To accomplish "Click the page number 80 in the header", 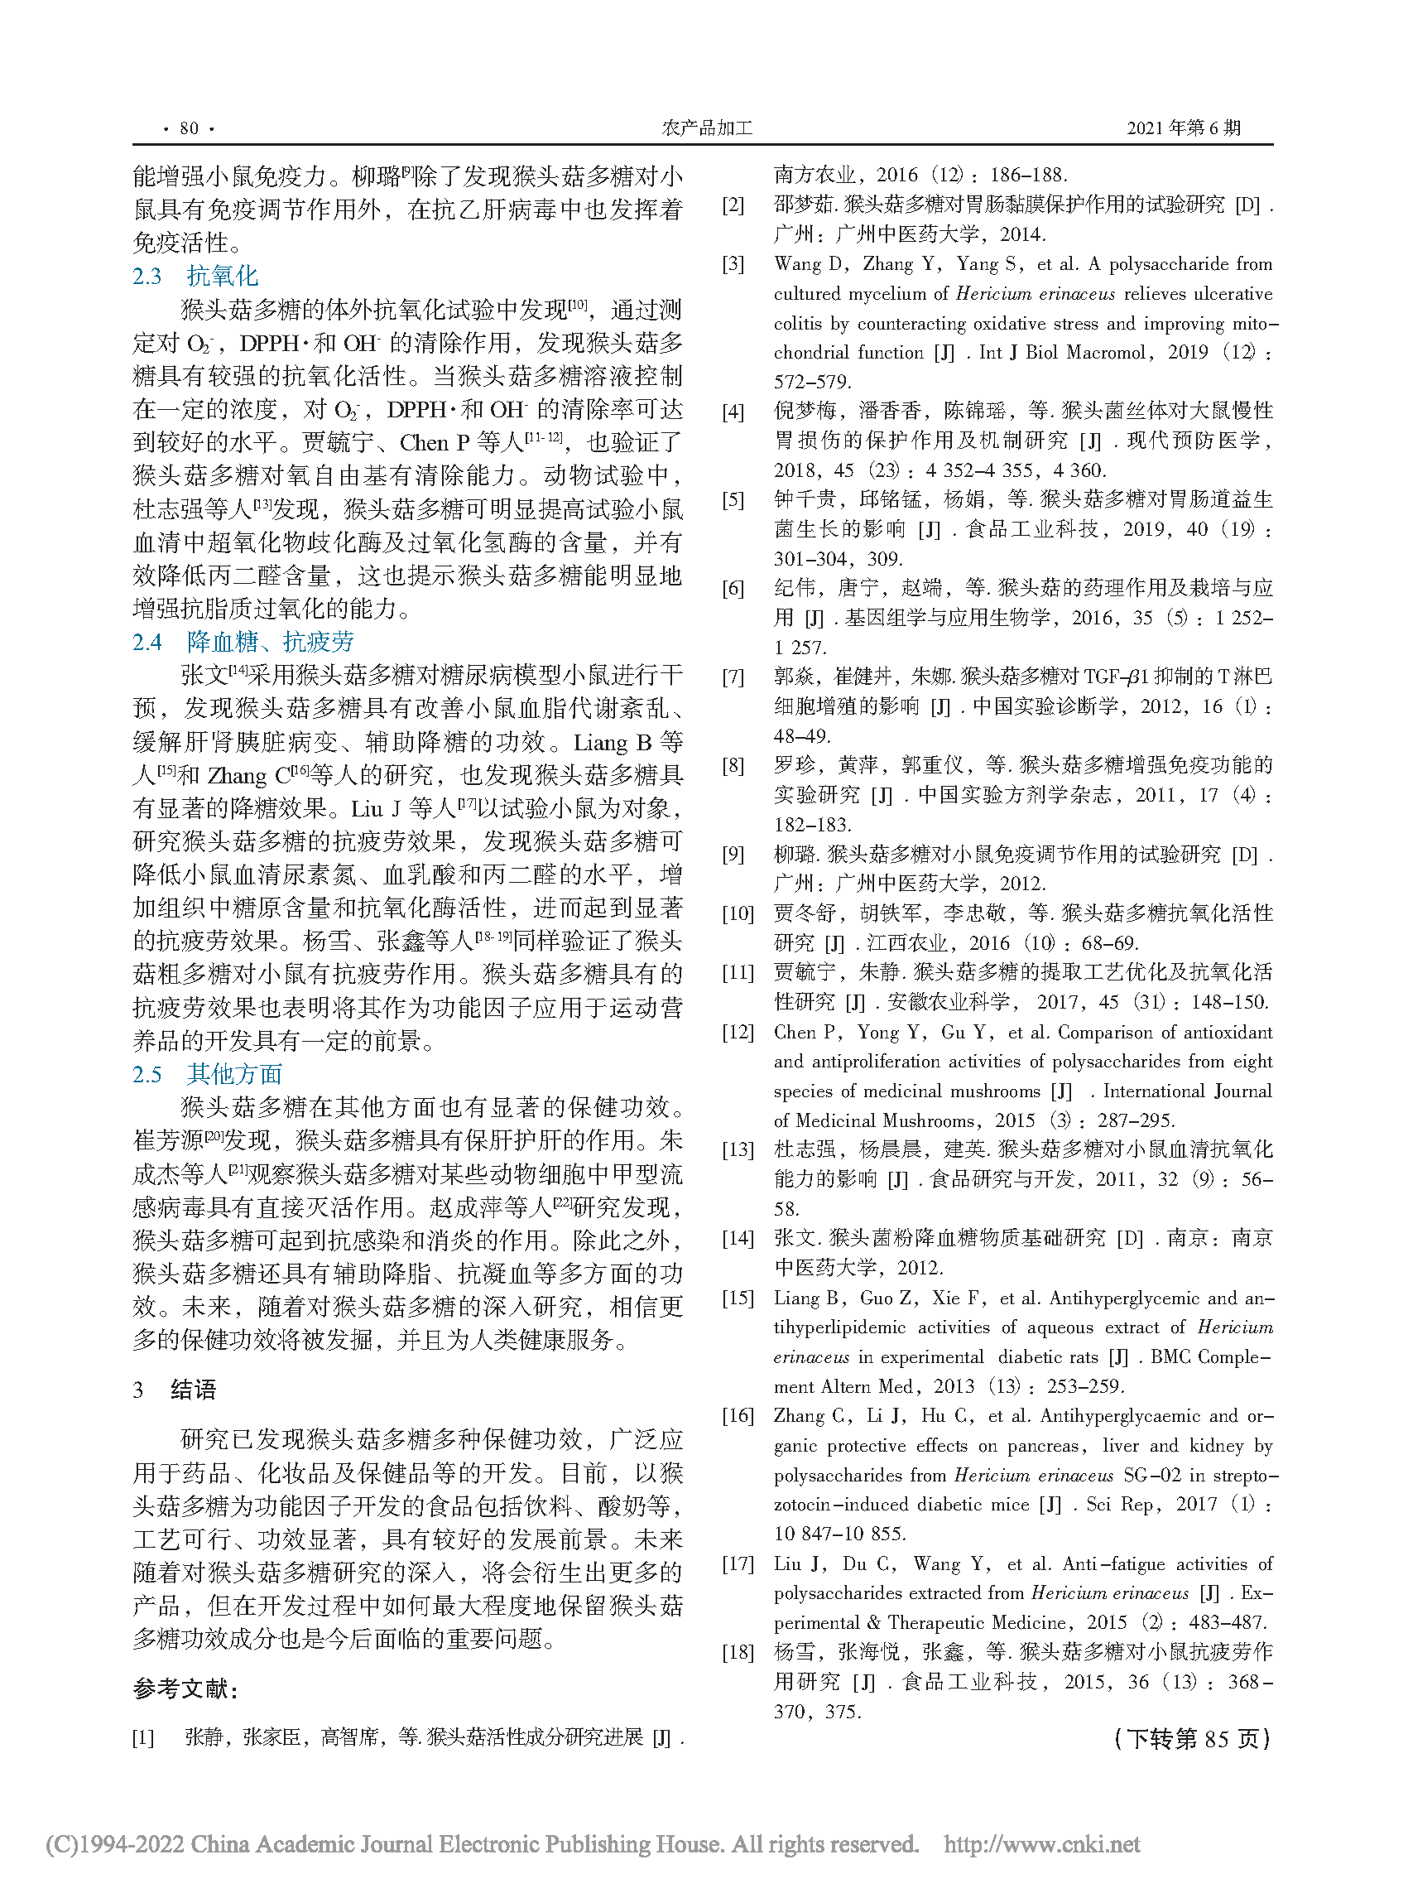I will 189,128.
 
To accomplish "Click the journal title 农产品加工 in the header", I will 707,128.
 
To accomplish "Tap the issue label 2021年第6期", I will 1183,128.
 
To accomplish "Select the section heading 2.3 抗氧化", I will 195,277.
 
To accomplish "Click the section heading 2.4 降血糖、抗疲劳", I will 243,642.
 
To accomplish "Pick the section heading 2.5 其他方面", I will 207,1074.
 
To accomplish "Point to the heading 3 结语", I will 175,1390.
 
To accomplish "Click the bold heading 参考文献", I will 185,1688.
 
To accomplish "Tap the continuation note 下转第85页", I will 1191,1739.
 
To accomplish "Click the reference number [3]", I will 733,264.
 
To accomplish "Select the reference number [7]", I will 733,678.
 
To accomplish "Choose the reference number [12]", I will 738,1033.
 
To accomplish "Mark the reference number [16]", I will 738,1416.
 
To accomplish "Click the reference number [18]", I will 738,1652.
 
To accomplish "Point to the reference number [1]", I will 143,1737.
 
